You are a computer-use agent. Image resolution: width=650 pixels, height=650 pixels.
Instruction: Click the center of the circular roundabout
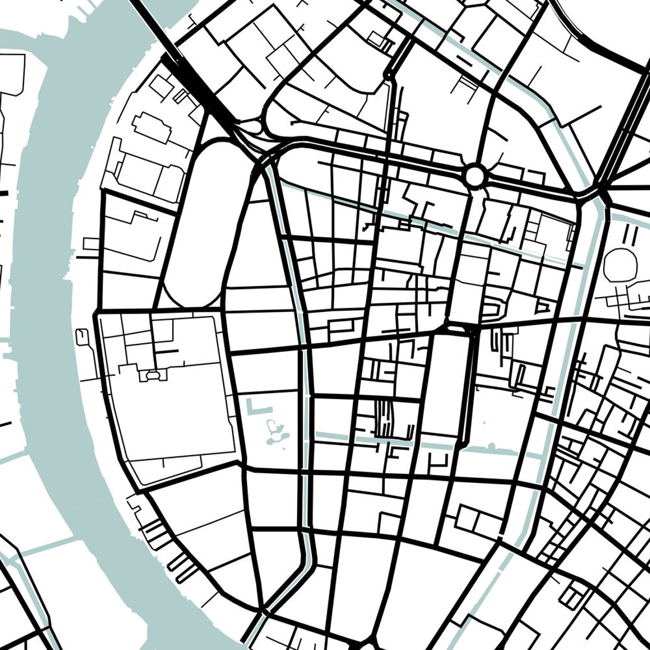pyautogui.click(x=474, y=176)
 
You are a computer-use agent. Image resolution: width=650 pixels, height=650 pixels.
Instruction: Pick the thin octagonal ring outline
pyautogui.click(x=620, y=265)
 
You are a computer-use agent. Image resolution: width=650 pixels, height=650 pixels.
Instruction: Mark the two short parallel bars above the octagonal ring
pyautogui.click(x=630, y=234)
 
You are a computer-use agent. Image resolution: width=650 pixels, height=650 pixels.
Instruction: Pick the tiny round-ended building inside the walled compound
pyautogui.click(x=152, y=376)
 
